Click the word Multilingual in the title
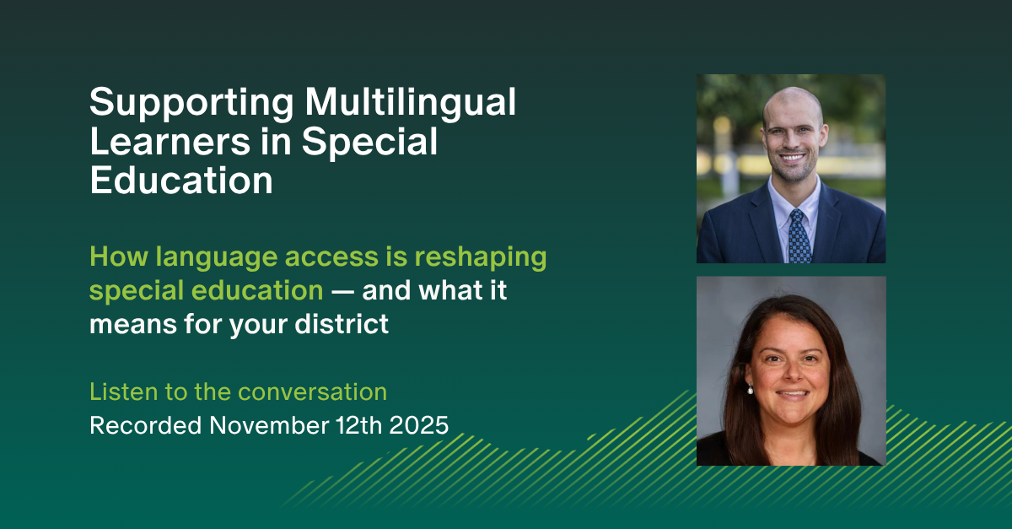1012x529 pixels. (x=411, y=104)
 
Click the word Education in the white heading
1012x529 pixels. (x=181, y=181)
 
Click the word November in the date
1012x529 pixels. (x=266, y=424)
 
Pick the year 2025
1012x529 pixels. (x=416, y=424)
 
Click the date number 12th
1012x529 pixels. (x=353, y=424)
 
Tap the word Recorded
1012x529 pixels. (x=145, y=424)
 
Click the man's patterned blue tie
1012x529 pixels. (x=799, y=236)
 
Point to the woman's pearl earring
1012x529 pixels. (x=749, y=389)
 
